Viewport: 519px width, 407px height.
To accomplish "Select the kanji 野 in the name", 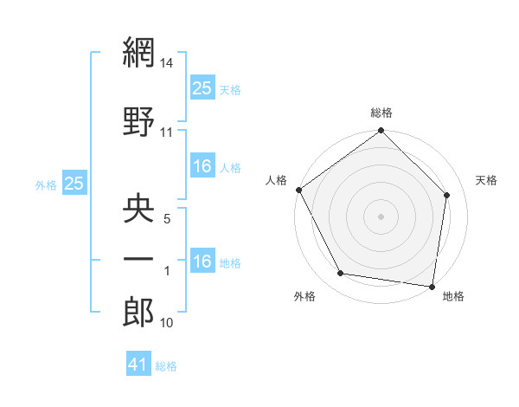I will [138, 120].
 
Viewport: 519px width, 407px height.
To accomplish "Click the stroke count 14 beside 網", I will [168, 63].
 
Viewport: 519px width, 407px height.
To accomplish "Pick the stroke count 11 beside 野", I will [167, 132].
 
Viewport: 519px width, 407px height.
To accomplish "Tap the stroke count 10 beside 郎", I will [167, 324].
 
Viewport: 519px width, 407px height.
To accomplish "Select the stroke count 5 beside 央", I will [167, 220].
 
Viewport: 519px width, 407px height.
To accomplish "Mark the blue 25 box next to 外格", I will [74, 183].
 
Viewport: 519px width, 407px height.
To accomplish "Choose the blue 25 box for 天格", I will [202, 87].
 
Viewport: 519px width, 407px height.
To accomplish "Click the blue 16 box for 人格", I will [202, 166].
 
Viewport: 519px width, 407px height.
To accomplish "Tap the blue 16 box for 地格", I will [202, 262].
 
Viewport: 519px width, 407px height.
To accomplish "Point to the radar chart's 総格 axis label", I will [381, 113].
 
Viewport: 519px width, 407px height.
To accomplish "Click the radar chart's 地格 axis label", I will [453, 296].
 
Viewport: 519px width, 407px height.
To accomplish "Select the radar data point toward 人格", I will [298, 190].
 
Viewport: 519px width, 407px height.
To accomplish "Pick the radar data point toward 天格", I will [447, 195].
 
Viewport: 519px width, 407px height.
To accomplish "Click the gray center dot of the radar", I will [381, 216].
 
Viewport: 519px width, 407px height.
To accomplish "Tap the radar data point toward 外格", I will [341, 274].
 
